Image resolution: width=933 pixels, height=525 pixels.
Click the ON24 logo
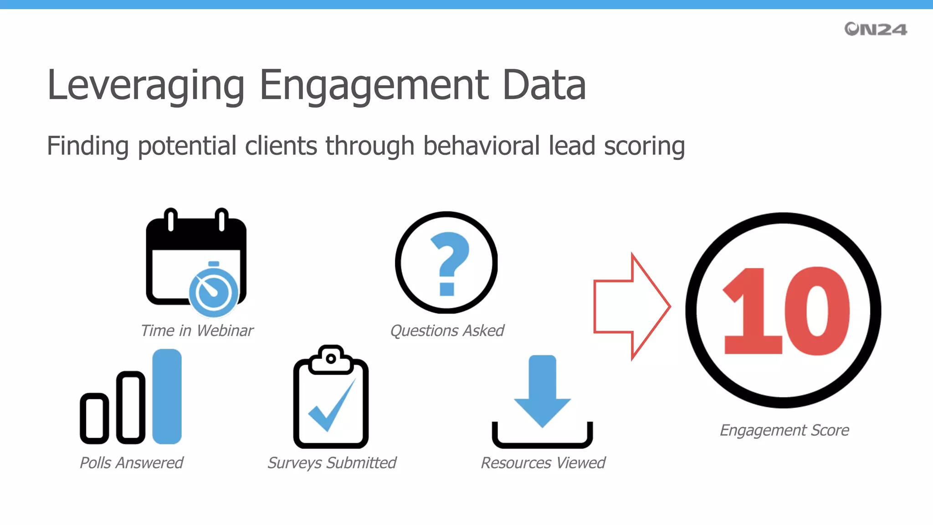(875, 29)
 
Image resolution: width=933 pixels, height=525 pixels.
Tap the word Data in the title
(544, 86)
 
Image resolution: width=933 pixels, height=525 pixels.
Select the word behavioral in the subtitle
(481, 146)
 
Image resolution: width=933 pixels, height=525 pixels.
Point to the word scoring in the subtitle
(644, 146)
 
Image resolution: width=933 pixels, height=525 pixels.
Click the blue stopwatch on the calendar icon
(213, 292)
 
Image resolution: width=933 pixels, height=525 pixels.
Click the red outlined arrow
(631, 306)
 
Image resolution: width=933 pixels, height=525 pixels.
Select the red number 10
(786, 311)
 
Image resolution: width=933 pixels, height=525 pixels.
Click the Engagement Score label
(784, 430)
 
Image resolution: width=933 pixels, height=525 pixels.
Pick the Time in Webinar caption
(197, 330)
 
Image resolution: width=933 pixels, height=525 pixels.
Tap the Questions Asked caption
(447, 330)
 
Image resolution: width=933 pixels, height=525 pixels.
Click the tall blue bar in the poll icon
(167, 396)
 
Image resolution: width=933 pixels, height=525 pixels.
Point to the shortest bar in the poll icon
(94, 418)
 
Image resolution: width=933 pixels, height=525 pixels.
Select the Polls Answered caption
(131, 463)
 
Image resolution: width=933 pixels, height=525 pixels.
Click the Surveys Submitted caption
(332, 463)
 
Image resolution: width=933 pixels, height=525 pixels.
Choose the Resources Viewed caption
(543, 463)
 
